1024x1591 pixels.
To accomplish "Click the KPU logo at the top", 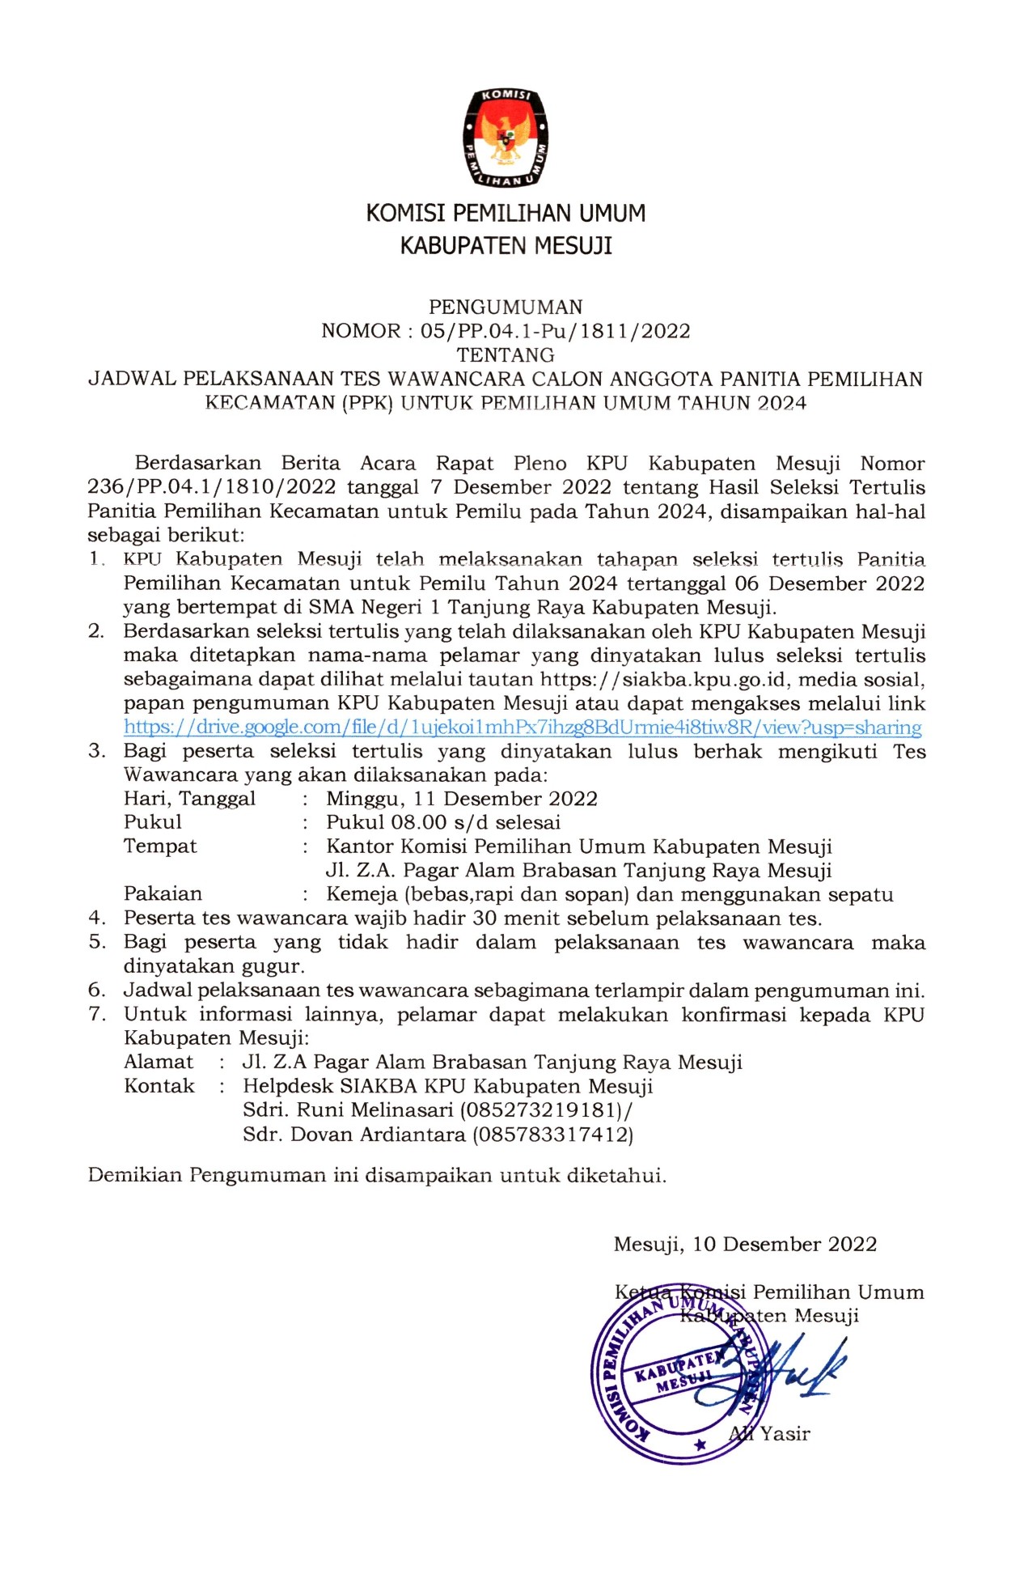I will pos(506,137).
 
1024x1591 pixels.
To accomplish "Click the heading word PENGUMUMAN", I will pos(506,308).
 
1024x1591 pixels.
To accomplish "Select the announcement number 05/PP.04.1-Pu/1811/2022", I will pos(555,331).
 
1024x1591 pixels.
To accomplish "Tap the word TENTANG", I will pos(506,355).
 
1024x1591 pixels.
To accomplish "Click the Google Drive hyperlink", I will pos(523,728).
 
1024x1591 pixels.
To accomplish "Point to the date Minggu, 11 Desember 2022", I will pos(462,799).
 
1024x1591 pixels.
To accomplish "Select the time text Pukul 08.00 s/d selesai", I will pos(443,823).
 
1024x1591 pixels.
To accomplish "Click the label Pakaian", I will pos(163,894).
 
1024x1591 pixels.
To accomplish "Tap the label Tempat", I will pos(160,846).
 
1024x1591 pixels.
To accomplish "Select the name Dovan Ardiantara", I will pos(378,1135).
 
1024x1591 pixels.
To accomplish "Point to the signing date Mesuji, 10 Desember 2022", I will pos(745,1245).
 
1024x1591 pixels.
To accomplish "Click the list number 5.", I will pos(97,942).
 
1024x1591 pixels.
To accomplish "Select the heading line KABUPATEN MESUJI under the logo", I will pos(506,246).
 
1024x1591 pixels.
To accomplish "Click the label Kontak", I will pos(159,1086).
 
